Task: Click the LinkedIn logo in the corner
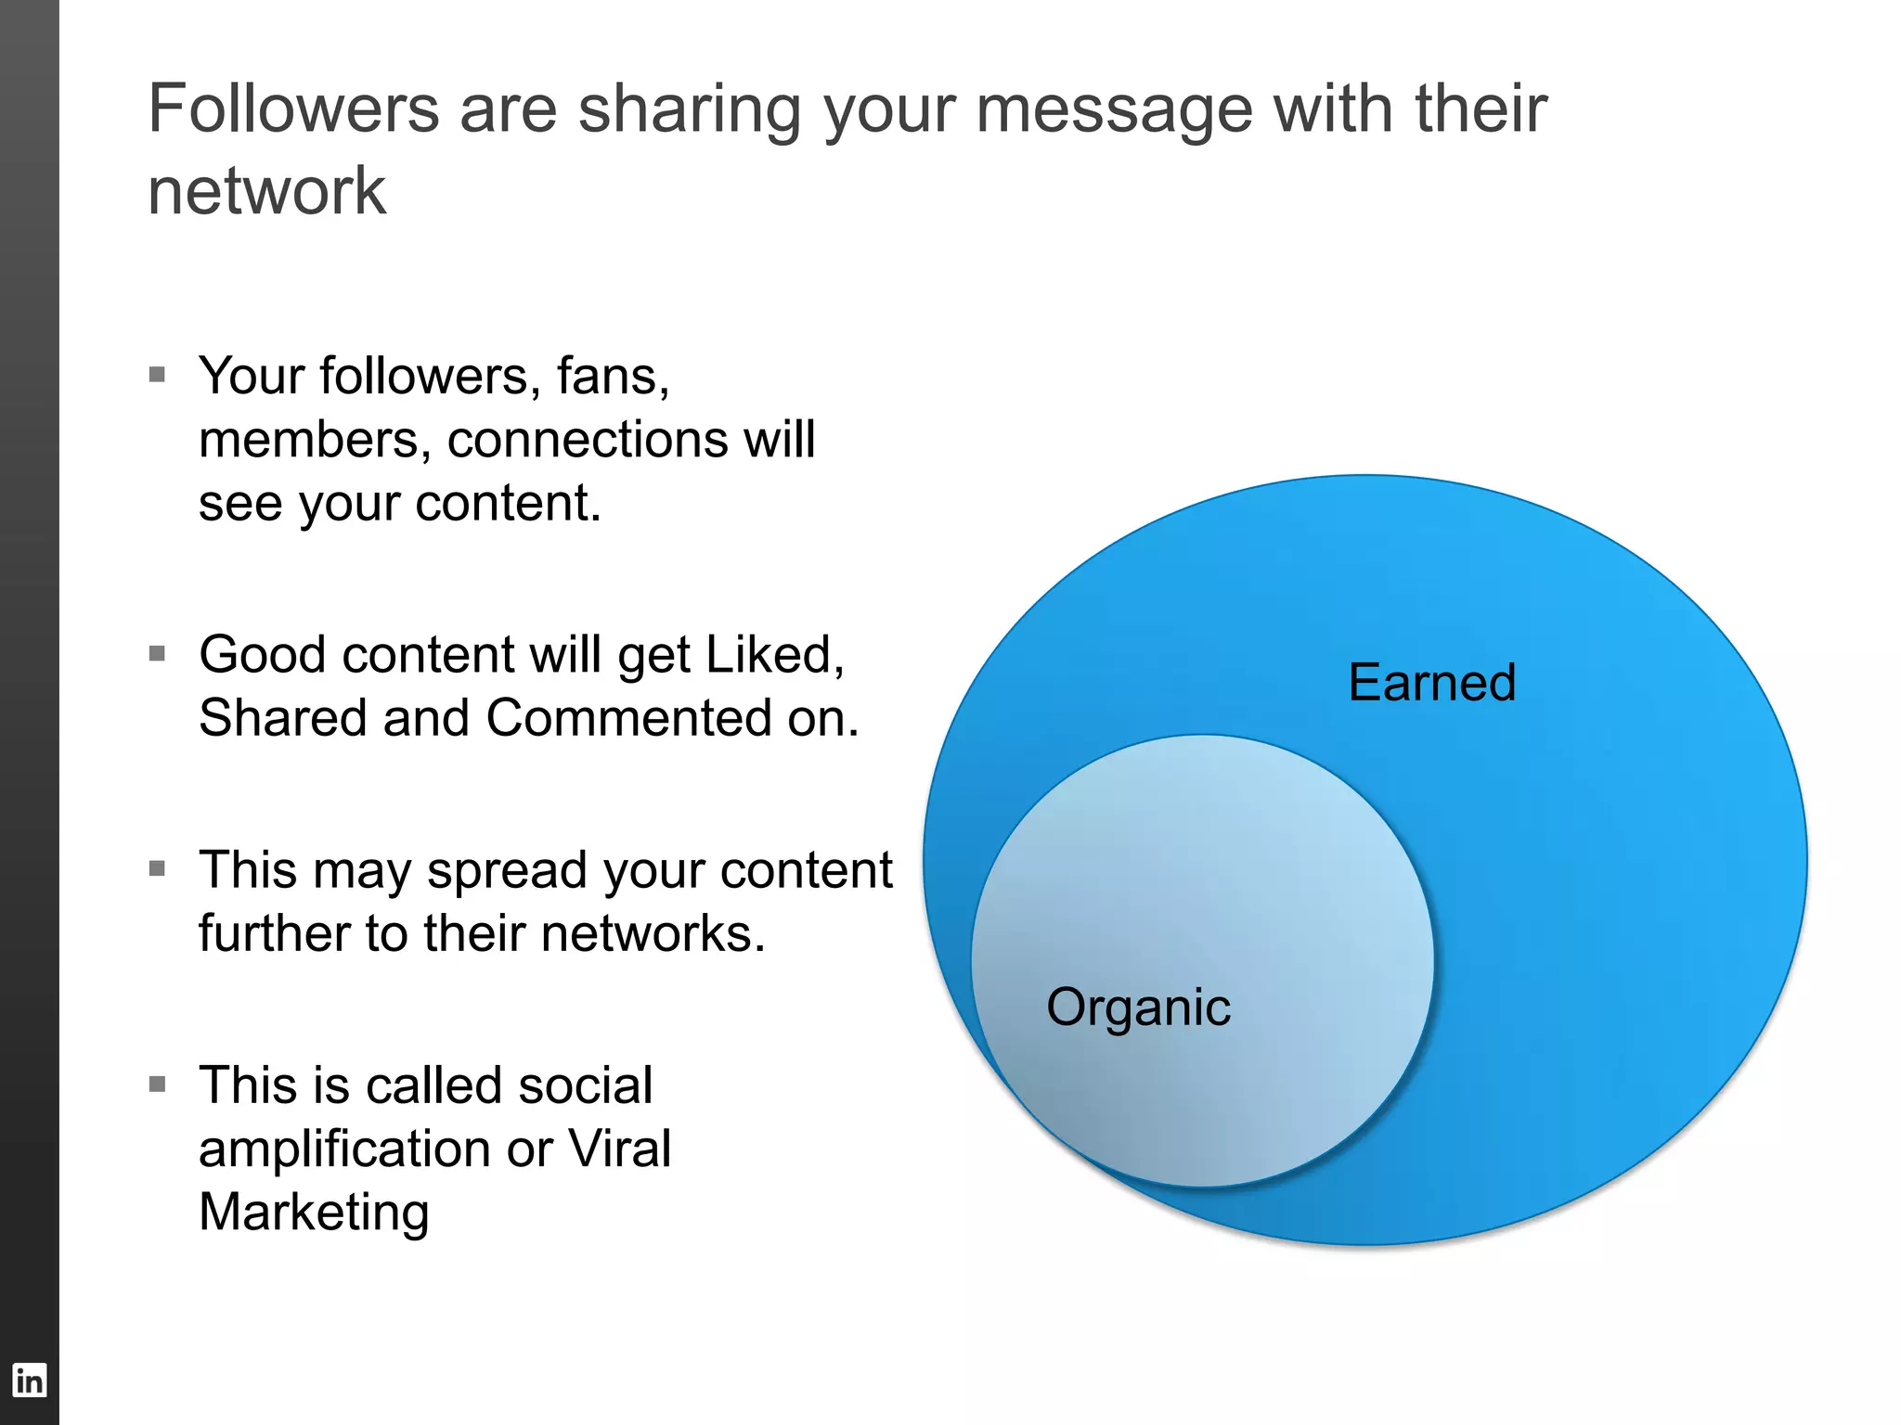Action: point(29,1380)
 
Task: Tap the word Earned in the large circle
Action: point(1431,683)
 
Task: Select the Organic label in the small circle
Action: point(1138,1008)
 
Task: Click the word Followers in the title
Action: point(293,109)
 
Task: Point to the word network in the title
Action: point(266,192)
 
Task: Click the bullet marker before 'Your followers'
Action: point(157,375)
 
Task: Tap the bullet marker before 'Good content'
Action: point(157,654)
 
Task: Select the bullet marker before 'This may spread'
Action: point(157,869)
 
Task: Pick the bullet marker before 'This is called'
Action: point(157,1085)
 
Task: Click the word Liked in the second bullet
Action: point(772,655)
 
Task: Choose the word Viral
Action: point(619,1149)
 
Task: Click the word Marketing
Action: point(314,1213)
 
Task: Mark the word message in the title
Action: point(1114,109)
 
